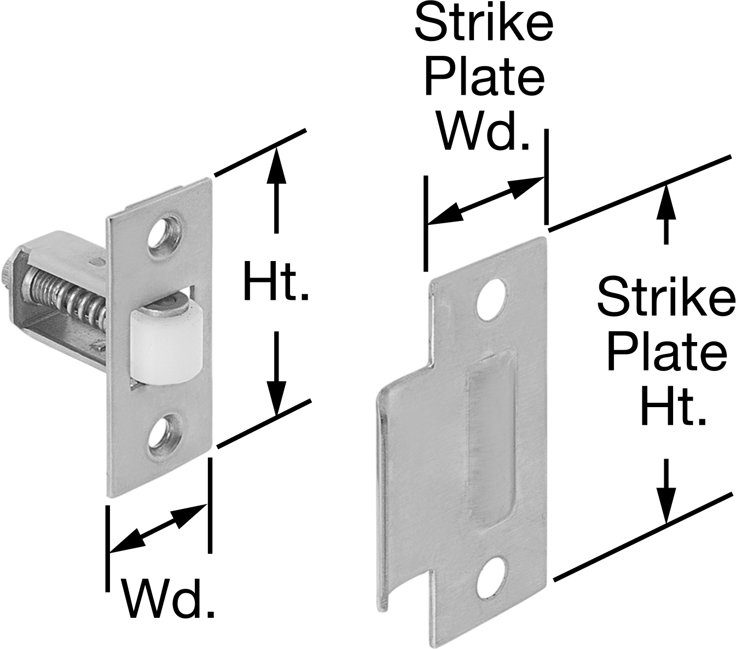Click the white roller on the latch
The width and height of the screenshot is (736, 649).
coord(166,346)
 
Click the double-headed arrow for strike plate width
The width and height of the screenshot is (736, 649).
coord(486,200)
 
